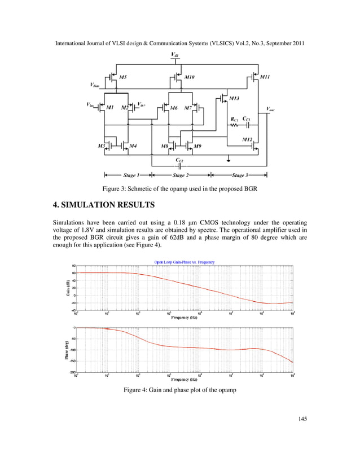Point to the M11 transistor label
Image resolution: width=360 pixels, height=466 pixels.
(x=265, y=76)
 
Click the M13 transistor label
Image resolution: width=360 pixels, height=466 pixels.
(x=234, y=98)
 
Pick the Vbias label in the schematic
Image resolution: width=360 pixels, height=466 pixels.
(x=95, y=85)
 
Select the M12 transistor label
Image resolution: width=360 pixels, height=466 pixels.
(x=247, y=138)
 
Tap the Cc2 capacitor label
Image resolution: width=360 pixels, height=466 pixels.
(x=179, y=160)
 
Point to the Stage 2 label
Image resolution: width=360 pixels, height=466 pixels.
(x=181, y=175)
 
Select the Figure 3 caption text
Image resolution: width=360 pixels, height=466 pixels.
(x=179, y=189)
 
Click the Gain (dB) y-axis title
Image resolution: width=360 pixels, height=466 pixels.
(x=66, y=288)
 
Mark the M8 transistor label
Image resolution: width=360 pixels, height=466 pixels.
(x=165, y=146)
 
